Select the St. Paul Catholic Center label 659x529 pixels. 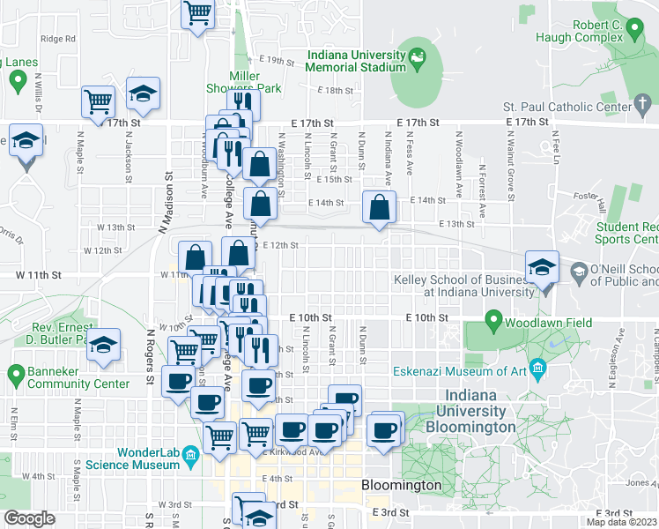597,108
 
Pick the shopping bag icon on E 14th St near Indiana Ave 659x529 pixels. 379,209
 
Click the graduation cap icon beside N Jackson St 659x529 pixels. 142,95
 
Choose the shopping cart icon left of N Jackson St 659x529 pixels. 98,101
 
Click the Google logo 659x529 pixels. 29,518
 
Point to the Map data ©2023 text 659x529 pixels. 622,522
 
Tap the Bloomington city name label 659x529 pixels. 401,485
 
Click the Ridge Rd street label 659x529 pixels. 58,39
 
